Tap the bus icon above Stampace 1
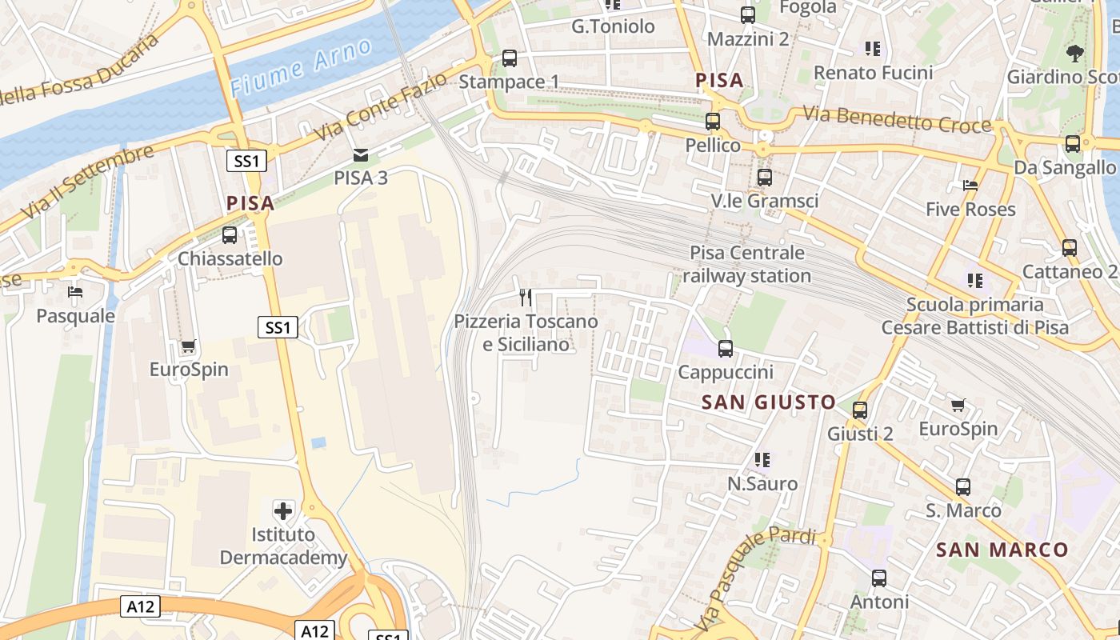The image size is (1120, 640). [x=509, y=58]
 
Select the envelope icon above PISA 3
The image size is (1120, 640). [x=361, y=154]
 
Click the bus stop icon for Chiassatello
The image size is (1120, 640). [x=230, y=235]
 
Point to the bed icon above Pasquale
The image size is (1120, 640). [x=75, y=292]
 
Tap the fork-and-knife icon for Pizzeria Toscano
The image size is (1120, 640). [x=526, y=298]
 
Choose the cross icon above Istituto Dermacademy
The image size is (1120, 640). [x=282, y=510]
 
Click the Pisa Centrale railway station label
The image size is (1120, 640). [x=747, y=265]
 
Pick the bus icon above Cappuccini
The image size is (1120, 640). [x=726, y=349]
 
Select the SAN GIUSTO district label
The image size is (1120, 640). [x=768, y=402]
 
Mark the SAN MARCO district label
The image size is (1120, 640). [x=1002, y=550]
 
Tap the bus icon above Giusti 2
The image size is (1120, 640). [x=860, y=410]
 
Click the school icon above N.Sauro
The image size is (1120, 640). [x=762, y=460]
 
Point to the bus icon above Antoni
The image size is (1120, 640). [x=879, y=578]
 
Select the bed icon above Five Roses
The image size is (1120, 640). [x=970, y=186]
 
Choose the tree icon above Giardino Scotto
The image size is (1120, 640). [x=1074, y=54]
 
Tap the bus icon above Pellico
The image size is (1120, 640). [x=713, y=122]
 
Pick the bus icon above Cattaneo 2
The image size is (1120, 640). [x=1070, y=248]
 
